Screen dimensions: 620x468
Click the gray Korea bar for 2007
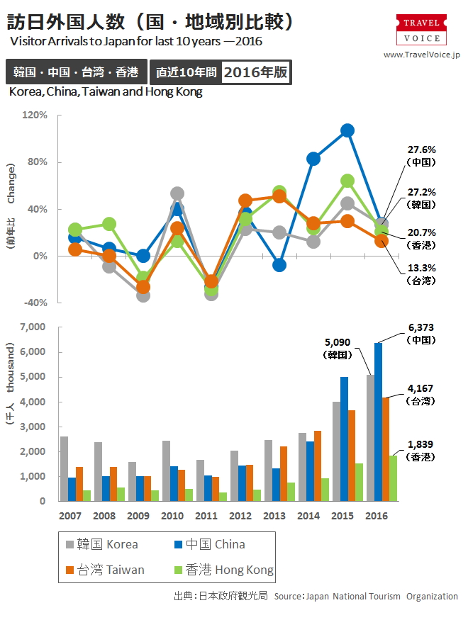(x=65, y=468)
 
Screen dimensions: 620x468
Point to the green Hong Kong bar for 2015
(x=359, y=482)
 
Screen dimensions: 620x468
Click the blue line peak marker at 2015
(x=347, y=130)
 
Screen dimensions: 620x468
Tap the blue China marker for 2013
(x=279, y=265)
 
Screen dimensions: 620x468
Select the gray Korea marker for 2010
(x=177, y=193)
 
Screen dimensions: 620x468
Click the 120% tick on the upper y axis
(x=35, y=115)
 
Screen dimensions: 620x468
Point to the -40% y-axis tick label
(x=35, y=303)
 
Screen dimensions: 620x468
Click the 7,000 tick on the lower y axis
(x=33, y=327)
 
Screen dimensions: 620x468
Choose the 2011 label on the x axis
(x=206, y=516)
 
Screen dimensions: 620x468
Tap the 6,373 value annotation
(x=421, y=327)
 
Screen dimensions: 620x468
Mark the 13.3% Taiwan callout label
(x=421, y=268)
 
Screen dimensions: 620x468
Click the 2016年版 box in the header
(x=256, y=72)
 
